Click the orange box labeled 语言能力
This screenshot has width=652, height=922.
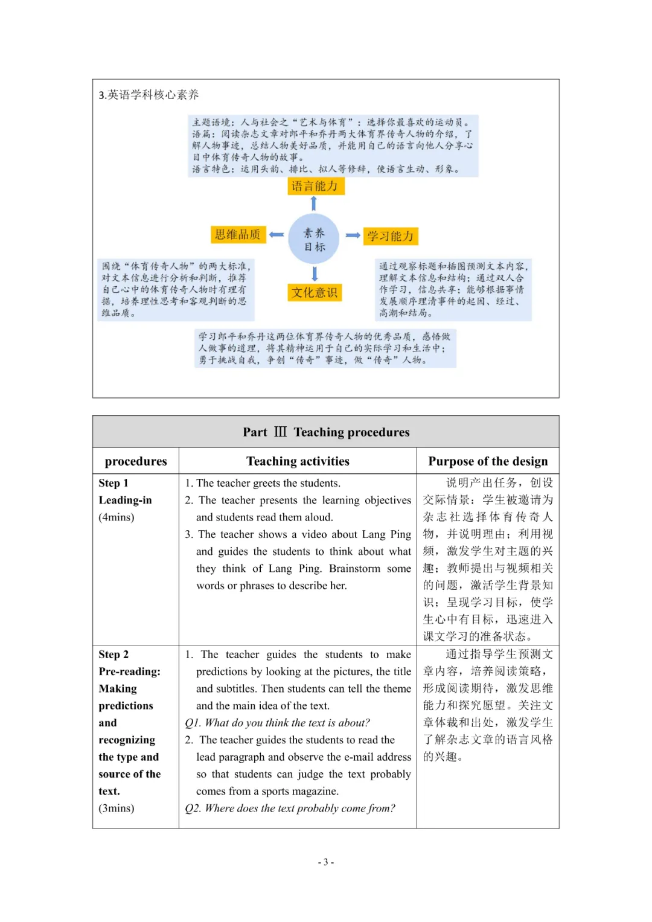[x=315, y=186]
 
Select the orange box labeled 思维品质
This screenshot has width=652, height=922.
[x=238, y=234]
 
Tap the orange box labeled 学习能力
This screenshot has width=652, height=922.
[x=391, y=236]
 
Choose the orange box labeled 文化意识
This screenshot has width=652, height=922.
[x=315, y=293]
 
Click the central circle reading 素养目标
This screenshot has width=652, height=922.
[x=314, y=239]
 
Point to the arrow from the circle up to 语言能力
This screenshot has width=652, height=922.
[x=314, y=203]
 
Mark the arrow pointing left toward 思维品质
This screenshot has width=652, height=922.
[x=276, y=234]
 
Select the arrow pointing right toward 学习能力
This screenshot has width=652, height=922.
[x=353, y=235]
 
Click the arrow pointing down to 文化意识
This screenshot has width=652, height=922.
[x=315, y=274]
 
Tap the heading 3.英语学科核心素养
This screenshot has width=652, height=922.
[x=149, y=95]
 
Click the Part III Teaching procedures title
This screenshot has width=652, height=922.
[x=326, y=432]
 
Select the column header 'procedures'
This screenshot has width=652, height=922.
[x=136, y=461]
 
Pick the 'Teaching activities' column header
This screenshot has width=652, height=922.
[x=298, y=461]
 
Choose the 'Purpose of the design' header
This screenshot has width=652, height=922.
[x=488, y=461]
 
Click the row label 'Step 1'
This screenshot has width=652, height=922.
[x=113, y=483]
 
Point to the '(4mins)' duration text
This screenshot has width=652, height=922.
[x=117, y=517]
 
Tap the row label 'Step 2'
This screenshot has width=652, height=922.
[x=113, y=655]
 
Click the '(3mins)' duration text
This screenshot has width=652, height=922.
[x=117, y=808]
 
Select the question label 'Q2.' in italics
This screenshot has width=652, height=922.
[x=193, y=808]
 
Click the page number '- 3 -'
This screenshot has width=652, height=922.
[x=326, y=862]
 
